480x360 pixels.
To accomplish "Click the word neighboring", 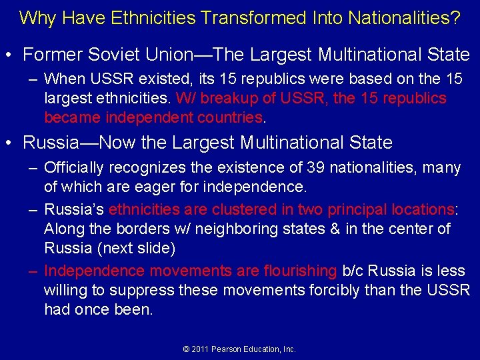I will pyautogui.click(x=236, y=229).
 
